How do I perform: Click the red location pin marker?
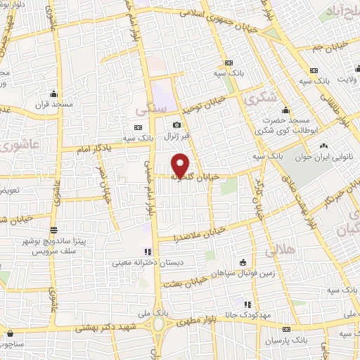181,165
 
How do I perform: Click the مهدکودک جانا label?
247,316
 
